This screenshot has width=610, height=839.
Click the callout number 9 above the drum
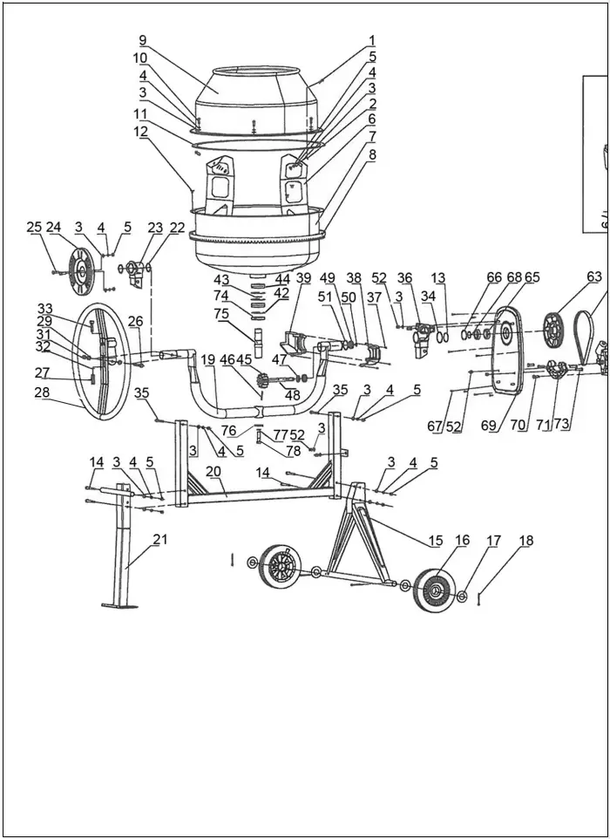click(x=143, y=40)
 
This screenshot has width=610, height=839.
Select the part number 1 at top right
click(x=372, y=40)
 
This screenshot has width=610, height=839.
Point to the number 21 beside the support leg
click(x=159, y=540)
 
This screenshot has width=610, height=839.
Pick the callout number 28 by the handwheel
click(x=43, y=392)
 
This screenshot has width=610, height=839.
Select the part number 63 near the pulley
click(x=594, y=276)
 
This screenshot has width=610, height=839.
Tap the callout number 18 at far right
click(x=525, y=541)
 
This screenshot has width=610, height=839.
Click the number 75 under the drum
click(x=222, y=314)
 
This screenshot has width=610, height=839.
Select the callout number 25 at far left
click(x=34, y=228)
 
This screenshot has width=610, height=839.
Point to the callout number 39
click(x=303, y=277)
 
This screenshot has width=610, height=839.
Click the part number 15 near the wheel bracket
click(x=435, y=541)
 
